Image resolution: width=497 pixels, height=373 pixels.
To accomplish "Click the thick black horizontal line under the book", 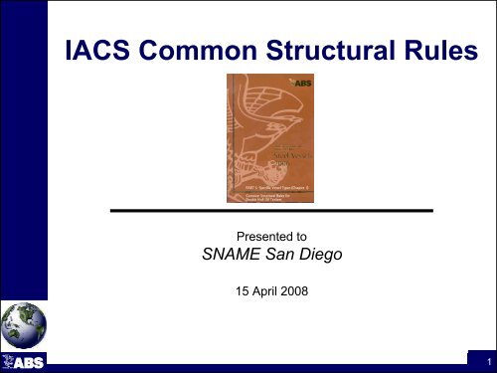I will pos(270,212).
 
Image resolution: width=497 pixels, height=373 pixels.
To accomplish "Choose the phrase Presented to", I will pos(270,239).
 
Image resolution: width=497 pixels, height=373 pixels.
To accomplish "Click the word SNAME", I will pos(223,262).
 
